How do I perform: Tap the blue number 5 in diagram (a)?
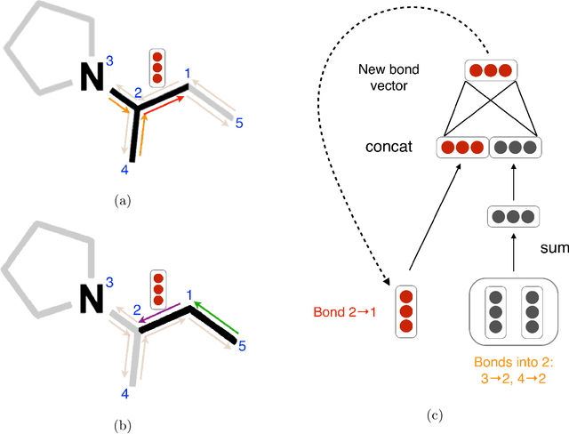[239, 122]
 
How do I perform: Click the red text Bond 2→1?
[343, 313]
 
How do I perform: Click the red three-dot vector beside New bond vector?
[492, 69]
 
